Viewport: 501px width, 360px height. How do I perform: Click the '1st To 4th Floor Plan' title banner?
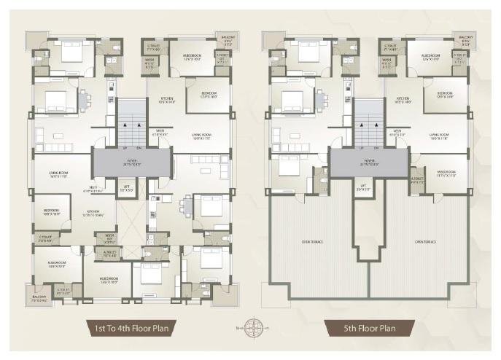click(x=132, y=327)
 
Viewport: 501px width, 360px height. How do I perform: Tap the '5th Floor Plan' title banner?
click(x=369, y=327)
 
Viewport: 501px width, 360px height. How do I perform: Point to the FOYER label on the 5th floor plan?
click(x=368, y=162)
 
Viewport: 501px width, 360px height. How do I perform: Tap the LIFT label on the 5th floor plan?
click(x=362, y=187)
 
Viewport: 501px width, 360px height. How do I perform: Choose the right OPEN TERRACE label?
click(x=425, y=241)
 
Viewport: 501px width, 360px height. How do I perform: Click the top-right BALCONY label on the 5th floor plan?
click(x=464, y=42)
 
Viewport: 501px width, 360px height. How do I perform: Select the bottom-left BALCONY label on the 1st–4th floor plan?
click(x=38, y=297)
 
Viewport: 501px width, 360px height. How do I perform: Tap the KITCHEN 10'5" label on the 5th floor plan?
click(x=403, y=101)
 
